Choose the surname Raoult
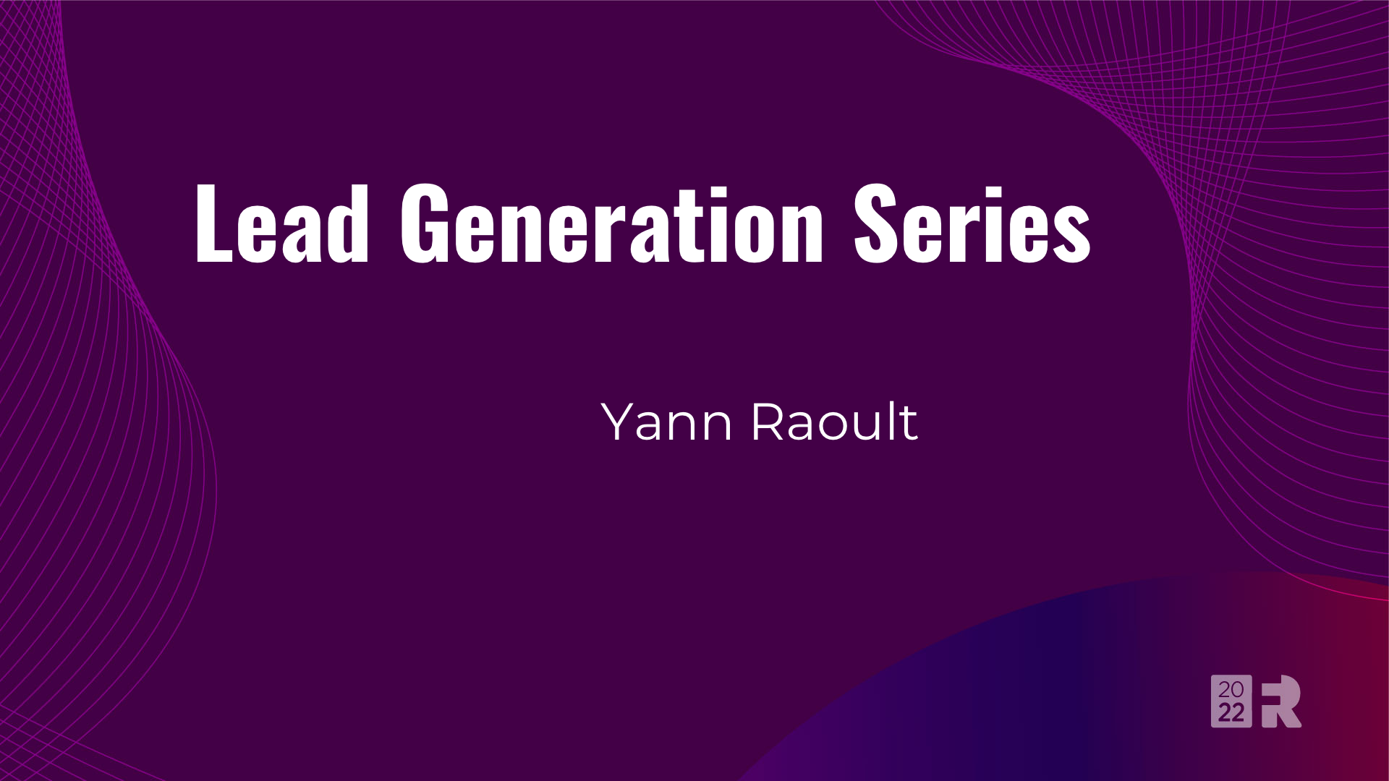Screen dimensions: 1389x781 coord(834,422)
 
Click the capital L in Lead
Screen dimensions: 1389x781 coord(212,223)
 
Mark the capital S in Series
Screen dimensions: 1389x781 coord(876,223)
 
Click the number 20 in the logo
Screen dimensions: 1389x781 coord(1231,690)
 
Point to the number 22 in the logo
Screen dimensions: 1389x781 coord(1231,714)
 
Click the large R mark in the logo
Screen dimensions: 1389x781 coord(1281,701)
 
